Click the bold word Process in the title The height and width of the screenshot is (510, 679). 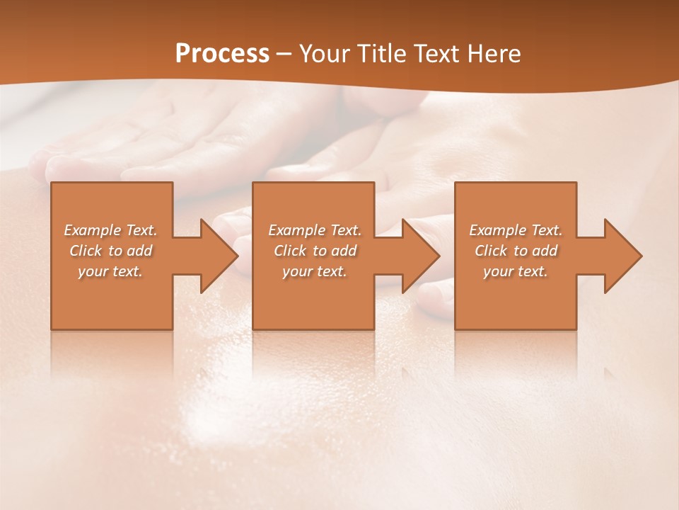(x=222, y=54)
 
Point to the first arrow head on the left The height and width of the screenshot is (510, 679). (x=218, y=256)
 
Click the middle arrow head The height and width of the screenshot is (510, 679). (x=419, y=256)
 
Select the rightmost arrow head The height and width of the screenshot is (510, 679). (x=622, y=256)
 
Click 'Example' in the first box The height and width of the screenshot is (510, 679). (x=93, y=230)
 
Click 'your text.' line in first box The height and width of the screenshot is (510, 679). (x=110, y=271)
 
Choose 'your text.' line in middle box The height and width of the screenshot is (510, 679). (x=315, y=271)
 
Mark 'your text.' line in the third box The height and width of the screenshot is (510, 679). (x=516, y=271)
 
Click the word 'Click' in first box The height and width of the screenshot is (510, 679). (x=86, y=251)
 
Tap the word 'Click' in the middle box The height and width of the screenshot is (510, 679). (x=290, y=251)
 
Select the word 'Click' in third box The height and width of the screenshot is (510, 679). (x=491, y=251)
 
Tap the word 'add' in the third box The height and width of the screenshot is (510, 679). (x=545, y=251)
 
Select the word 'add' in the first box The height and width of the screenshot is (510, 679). (x=139, y=251)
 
